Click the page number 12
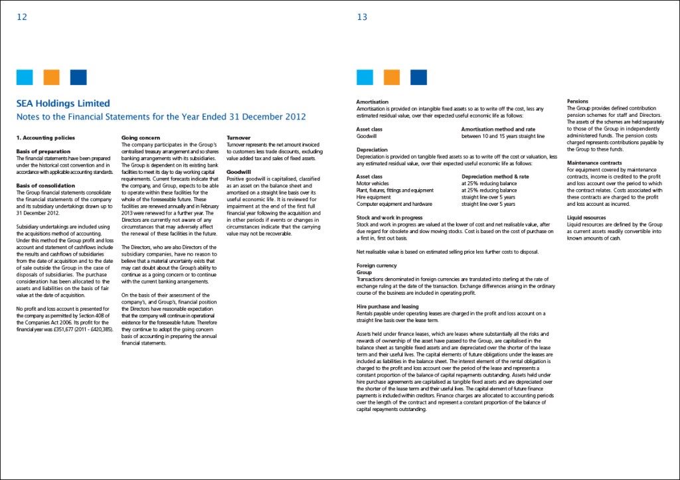pos(22,17)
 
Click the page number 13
pos(362,17)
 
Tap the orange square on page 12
pos(52,77)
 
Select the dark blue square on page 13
pos(418,77)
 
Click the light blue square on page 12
pos(25,77)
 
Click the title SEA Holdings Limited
pos(63,104)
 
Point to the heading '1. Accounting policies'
pos(41,137)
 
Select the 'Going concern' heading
pos(141,137)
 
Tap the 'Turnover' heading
pos(238,137)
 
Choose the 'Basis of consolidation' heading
pos(44,185)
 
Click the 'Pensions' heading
pos(578,101)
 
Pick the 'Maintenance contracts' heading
pos(594,163)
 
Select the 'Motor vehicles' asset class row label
pos(373,183)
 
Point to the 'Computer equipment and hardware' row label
pos(394,204)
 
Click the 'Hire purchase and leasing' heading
pos(387,307)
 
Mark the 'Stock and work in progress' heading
pos(390,218)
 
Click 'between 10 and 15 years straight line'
pos(503,135)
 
